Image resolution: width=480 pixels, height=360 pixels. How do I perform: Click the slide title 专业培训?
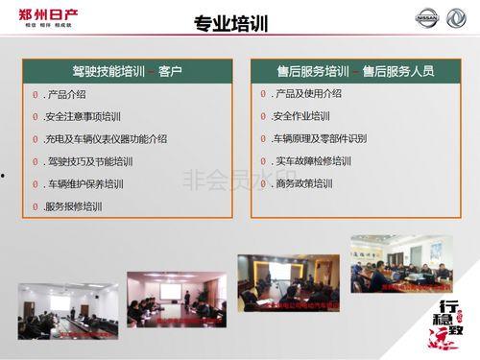pos(230,23)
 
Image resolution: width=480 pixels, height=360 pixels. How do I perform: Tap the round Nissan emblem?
pos(426,17)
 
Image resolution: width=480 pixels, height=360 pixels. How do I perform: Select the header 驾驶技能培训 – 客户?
pos(127,71)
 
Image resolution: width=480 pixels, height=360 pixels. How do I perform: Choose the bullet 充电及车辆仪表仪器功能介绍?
pos(106,138)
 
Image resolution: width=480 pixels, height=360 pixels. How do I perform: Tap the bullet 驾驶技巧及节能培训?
pos(89,161)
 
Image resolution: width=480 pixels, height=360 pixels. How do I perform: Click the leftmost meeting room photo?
pos(67,310)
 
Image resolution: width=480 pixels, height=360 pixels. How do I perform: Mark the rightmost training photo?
pos(401,263)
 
